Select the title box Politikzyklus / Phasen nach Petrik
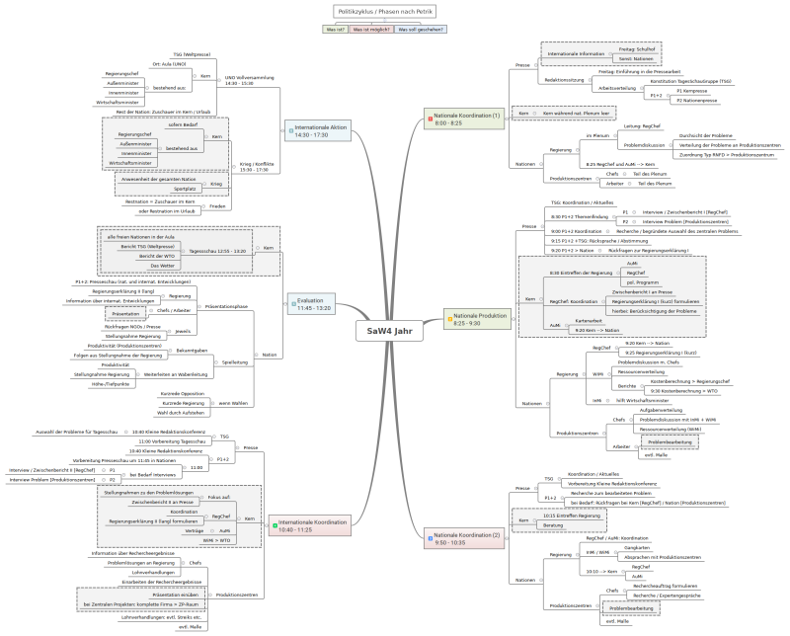385,11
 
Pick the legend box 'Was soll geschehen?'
421,30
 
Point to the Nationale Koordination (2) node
466,538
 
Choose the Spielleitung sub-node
235,362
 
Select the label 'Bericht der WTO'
163,256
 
